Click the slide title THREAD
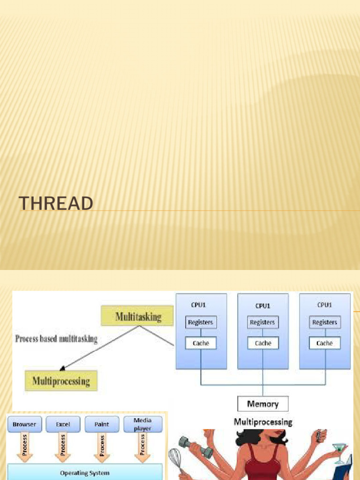click(56, 203)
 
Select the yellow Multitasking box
click(137, 315)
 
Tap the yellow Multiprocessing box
click(61, 381)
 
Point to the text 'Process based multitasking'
click(56, 339)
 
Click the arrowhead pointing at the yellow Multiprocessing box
click(62, 368)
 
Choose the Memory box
click(262, 404)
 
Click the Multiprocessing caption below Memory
click(263, 422)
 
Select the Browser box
click(24, 424)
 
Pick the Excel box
click(63, 424)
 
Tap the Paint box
click(102, 424)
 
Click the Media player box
click(142, 424)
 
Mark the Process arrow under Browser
click(24, 447)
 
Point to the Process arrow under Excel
click(63, 447)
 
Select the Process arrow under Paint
click(102, 447)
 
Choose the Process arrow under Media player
click(142, 447)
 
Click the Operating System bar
click(85, 472)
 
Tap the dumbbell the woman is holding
click(196, 447)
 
